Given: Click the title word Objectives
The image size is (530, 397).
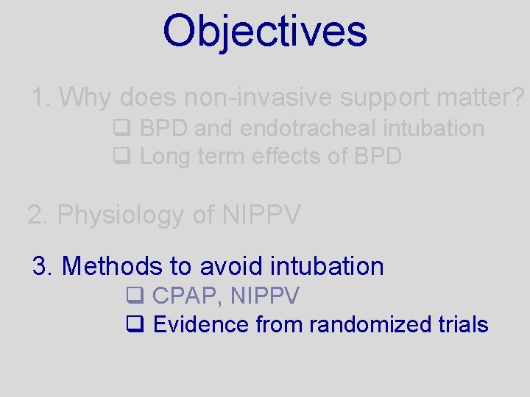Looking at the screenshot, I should click(264, 31).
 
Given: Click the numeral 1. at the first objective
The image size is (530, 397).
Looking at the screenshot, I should click(41, 97).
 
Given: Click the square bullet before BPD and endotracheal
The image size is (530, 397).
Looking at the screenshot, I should click(121, 129).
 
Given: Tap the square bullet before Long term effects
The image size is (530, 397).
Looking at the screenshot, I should click(121, 157).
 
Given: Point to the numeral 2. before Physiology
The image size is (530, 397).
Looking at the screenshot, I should click(38, 215).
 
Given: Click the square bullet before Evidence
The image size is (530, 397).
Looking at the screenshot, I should click(134, 324).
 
